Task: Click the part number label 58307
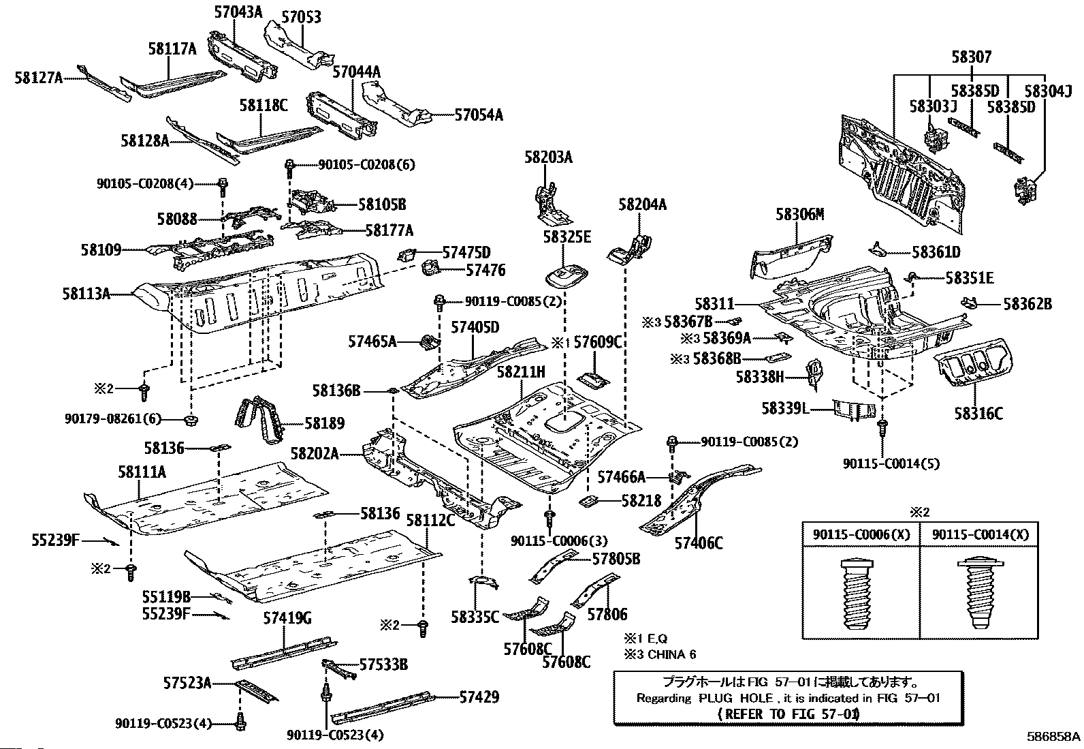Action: click(972, 58)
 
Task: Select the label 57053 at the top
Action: click(302, 17)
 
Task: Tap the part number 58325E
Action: click(567, 236)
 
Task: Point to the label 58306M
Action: click(800, 215)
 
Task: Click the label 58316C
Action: click(978, 413)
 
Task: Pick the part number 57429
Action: click(479, 697)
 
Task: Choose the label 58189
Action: click(324, 423)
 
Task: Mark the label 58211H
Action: click(521, 372)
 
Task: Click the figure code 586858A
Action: click(1053, 737)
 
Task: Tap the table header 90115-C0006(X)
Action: click(861, 535)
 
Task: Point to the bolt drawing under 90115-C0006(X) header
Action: click(861, 593)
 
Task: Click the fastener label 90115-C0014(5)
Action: click(891, 463)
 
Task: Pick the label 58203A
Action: click(548, 158)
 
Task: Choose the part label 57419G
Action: click(287, 618)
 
